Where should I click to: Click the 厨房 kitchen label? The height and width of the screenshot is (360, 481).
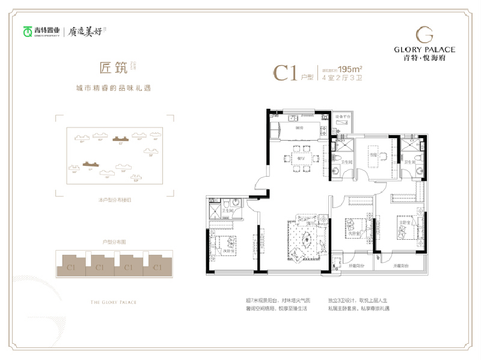pyautogui.click(x=299, y=127)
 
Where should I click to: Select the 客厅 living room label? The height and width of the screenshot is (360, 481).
pyautogui.click(x=309, y=223)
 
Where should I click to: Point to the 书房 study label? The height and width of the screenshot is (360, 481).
pyautogui.click(x=373, y=154)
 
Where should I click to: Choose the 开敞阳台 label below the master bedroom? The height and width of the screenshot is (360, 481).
pyautogui.click(x=402, y=265)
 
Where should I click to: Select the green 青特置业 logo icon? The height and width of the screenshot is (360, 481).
pyautogui.click(x=28, y=31)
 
